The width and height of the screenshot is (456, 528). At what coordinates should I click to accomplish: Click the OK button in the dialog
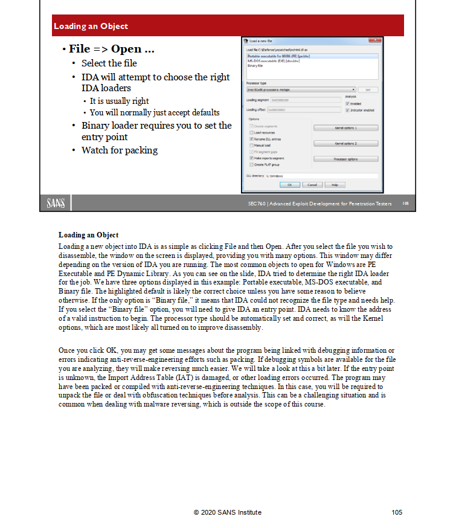tap(290, 184)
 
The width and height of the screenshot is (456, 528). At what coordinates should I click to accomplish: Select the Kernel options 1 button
tap(346, 128)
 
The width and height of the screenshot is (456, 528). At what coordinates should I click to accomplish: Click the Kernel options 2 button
tap(346, 143)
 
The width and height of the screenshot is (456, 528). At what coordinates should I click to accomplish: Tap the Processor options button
tap(346, 158)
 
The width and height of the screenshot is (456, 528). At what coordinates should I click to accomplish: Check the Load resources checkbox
tap(251, 132)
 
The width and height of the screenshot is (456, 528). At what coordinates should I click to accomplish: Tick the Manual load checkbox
tap(251, 146)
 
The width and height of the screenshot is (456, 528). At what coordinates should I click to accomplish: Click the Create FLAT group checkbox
tap(251, 164)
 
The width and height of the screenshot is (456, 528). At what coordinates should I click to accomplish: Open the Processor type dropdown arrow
tap(352, 89)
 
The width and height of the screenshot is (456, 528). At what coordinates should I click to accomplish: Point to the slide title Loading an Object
tap(91, 26)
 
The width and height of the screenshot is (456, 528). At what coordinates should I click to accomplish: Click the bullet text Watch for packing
tap(119, 150)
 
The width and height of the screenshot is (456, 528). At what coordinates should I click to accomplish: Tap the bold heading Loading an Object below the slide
tap(88, 234)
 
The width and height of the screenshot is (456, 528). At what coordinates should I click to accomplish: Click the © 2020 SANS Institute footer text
tap(228, 512)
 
